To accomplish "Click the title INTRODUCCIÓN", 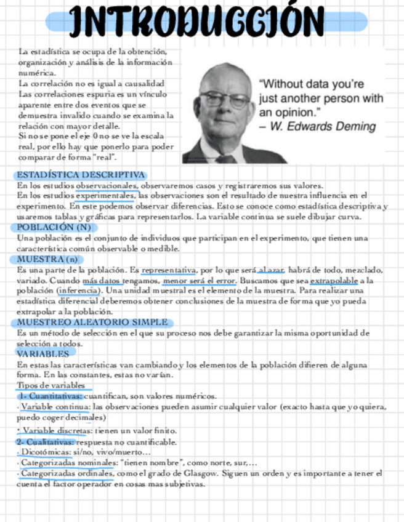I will pyautogui.click(x=196, y=21).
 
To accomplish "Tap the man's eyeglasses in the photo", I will pyautogui.click(x=224, y=98).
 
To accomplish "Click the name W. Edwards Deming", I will pyautogui.click(x=323, y=127).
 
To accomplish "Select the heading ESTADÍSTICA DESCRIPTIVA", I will pyautogui.click(x=81, y=175).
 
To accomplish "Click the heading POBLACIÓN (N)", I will pyautogui.click(x=54, y=227).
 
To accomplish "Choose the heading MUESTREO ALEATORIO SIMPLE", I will pyautogui.click(x=92, y=322).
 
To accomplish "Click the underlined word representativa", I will pyautogui.click(x=168, y=270).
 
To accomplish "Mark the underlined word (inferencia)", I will pyautogui.click(x=78, y=291).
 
